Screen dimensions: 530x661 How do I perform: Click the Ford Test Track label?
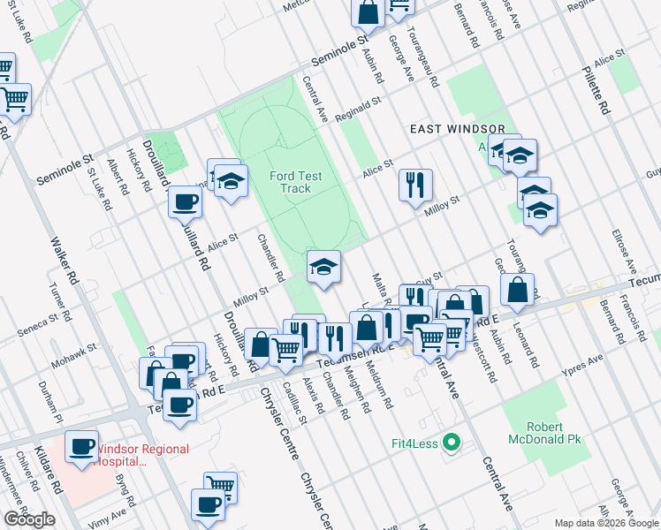(295, 182)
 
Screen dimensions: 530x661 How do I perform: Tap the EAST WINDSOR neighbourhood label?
(457, 129)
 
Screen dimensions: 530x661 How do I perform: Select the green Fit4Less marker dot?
(451, 443)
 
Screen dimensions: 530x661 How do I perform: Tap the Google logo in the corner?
(29, 519)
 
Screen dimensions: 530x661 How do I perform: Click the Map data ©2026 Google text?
(605, 523)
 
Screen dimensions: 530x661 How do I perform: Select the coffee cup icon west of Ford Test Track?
(186, 201)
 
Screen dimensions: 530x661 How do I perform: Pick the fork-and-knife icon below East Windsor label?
(415, 185)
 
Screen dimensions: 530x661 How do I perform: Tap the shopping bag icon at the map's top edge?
(368, 12)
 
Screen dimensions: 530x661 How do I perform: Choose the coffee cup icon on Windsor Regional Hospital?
(83, 446)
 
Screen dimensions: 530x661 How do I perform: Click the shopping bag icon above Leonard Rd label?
(517, 289)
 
